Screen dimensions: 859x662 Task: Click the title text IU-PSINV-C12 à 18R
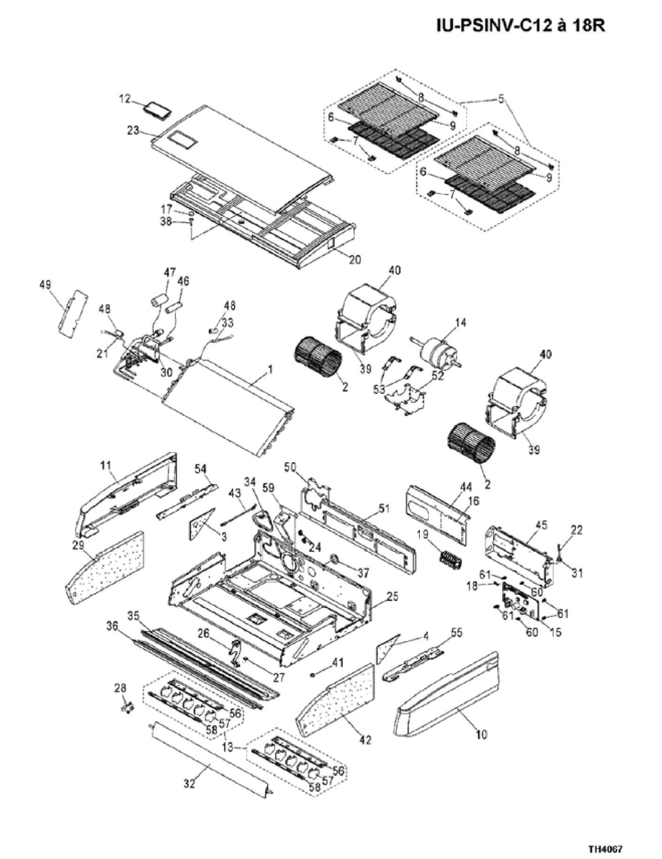(520, 26)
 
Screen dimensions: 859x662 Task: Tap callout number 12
(124, 99)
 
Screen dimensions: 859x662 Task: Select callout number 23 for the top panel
(133, 130)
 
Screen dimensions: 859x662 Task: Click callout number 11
(106, 465)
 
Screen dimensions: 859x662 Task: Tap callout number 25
(393, 597)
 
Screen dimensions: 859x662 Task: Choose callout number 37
(363, 573)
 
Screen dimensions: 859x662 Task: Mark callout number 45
(541, 525)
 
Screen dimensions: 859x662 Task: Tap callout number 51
(384, 508)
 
